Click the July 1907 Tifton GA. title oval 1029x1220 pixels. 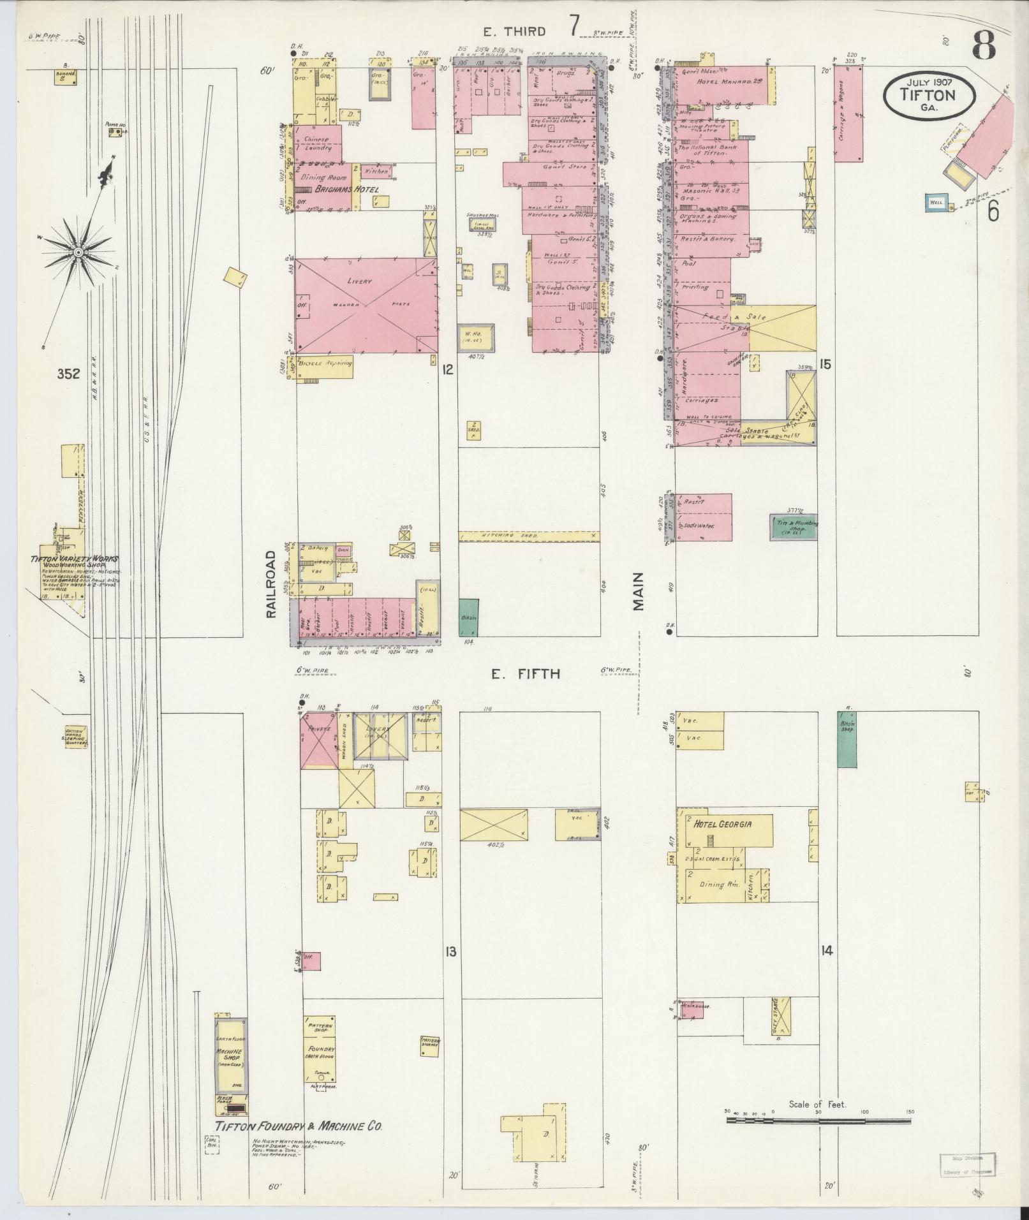click(929, 94)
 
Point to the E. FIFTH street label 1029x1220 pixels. click(526, 673)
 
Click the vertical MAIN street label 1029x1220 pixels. click(639, 591)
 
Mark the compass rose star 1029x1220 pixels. click(78, 253)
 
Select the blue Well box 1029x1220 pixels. click(935, 202)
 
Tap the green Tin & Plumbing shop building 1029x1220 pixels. click(793, 527)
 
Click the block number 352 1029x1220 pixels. click(68, 374)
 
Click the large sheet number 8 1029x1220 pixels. click(985, 44)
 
